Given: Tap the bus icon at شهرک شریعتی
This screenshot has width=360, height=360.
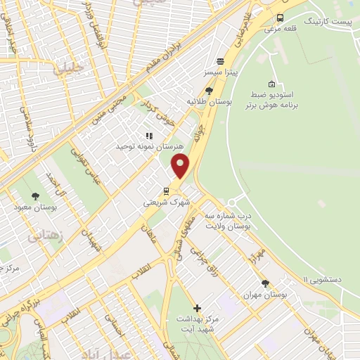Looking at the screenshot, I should tap(166, 190).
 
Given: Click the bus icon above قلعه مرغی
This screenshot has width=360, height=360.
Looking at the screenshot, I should tap(281, 18).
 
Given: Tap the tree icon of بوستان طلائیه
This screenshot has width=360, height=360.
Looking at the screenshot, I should tap(210, 91).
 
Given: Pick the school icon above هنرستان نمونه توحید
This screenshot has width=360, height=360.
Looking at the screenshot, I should tap(149, 135).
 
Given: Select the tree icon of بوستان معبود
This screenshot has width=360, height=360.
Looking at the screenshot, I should tap(36, 196).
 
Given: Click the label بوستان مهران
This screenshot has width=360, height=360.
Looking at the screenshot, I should tap(269, 296).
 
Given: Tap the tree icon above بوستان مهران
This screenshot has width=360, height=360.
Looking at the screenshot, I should tap(266, 284).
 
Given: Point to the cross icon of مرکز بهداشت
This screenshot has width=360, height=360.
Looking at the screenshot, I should tap(197, 308).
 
